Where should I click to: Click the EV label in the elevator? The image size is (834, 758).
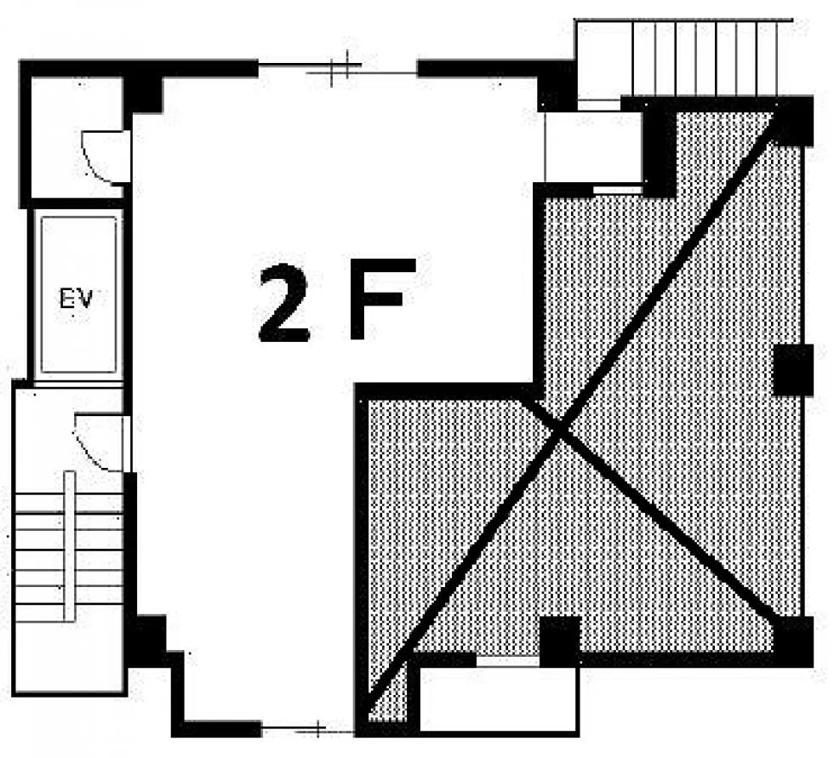click(76, 299)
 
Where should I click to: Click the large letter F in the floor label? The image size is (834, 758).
click(381, 299)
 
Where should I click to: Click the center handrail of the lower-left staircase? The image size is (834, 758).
click(69, 546)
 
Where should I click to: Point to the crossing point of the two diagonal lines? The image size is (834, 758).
click(560, 431)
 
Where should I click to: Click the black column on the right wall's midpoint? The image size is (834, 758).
click(793, 370)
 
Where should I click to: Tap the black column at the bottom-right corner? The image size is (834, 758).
click(793, 641)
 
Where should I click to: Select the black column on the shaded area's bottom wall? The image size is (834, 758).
click(560, 641)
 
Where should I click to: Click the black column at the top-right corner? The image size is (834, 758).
click(793, 121)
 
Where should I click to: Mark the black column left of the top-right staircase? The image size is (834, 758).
click(557, 86)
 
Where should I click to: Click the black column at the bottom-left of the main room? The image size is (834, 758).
click(146, 640)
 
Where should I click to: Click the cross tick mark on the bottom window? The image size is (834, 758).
click(317, 728)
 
